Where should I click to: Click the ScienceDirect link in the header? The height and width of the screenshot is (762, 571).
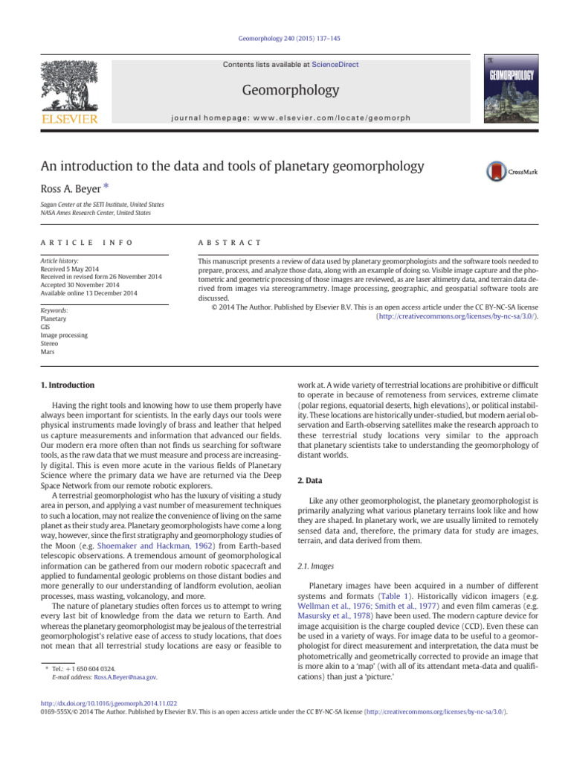tap(335, 65)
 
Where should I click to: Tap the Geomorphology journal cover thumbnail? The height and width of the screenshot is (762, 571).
tap(509, 88)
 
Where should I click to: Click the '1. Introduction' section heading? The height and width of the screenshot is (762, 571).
tap(66, 385)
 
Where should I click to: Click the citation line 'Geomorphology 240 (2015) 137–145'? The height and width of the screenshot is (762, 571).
tap(285, 38)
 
